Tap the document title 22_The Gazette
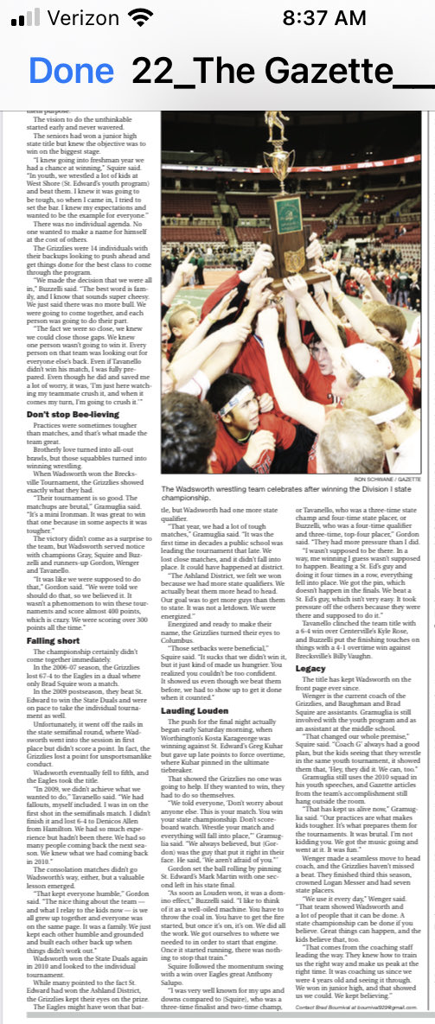click(x=281, y=69)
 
